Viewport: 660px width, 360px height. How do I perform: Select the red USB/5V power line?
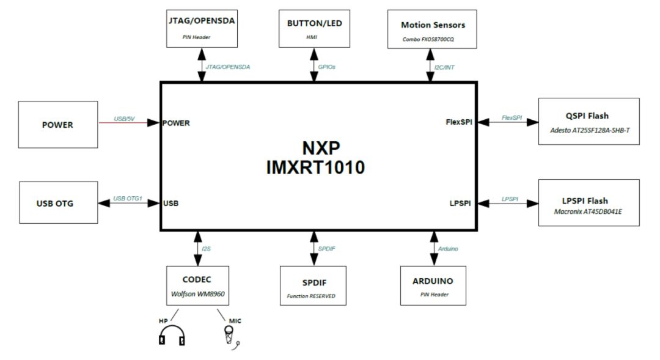click(x=130, y=123)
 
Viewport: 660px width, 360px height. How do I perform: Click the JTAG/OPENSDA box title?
click(x=201, y=20)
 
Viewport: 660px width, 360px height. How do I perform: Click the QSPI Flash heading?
click(x=587, y=116)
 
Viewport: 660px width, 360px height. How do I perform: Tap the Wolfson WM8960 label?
click(x=197, y=293)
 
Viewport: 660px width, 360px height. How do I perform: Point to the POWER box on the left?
click(x=57, y=125)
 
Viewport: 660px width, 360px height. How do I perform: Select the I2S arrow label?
click(x=207, y=249)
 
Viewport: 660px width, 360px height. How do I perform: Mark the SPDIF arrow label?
click(x=327, y=249)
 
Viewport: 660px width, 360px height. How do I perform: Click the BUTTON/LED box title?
click(x=313, y=23)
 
